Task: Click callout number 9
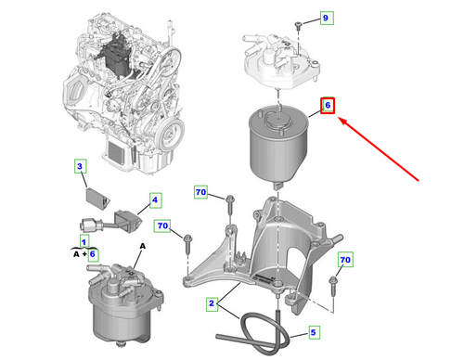pyautogui.click(x=327, y=18)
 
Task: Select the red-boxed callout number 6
pyautogui.click(x=328, y=106)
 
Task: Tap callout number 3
pyautogui.click(x=80, y=166)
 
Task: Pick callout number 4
pyautogui.click(x=155, y=200)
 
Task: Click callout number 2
pyautogui.click(x=212, y=303)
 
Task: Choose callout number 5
pyautogui.click(x=314, y=332)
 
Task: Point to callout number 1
pyautogui.click(x=84, y=241)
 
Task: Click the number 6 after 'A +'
pyautogui.click(x=93, y=254)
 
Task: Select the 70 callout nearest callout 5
pyautogui.click(x=345, y=260)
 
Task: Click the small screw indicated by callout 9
pyautogui.click(x=298, y=25)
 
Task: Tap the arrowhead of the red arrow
pyautogui.click(x=342, y=120)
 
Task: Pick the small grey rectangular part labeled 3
pyautogui.click(x=97, y=199)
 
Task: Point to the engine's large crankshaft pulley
pyautogui.click(x=170, y=134)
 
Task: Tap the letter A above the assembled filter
pyautogui.click(x=143, y=246)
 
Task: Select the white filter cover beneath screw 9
pyautogui.click(x=281, y=61)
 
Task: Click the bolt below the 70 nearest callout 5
pyautogui.click(x=333, y=285)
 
